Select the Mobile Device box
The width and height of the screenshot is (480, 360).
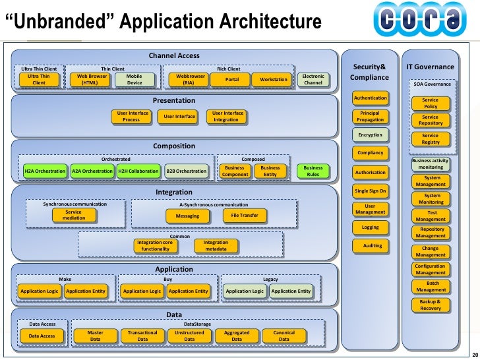(x=134, y=80)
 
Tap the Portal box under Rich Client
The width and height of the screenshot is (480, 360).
(x=232, y=80)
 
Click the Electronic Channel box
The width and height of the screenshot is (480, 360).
(x=313, y=80)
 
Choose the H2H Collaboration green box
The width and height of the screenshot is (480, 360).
(x=138, y=171)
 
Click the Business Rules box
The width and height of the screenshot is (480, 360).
(x=313, y=171)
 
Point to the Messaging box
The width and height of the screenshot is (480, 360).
(x=187, y=216)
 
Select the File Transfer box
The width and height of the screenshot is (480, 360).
(x=245, y=216)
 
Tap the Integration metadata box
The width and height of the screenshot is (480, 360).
(x=216, y=246)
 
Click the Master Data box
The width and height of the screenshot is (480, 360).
(x=95, y=336)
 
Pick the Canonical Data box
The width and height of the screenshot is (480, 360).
(x=284, y=336)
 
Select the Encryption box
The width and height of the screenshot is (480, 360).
(x=370, y=135)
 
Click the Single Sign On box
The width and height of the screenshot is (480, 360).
(x=370, y=191)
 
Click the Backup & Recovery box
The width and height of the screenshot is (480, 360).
(x=430, y=305)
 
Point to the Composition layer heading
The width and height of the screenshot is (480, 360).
(x=174, y=146)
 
